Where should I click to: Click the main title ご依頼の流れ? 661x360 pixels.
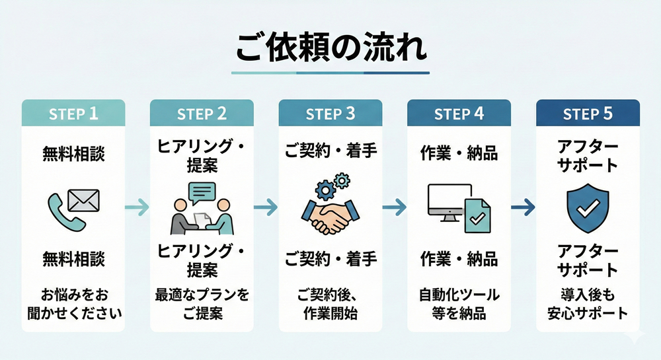coord(330,48)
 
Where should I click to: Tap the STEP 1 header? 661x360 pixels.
coord(73,114)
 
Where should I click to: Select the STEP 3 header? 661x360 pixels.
coord(330,114)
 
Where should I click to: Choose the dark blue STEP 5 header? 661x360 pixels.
coord(588,114)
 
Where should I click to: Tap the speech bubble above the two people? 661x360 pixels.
coord(202,192)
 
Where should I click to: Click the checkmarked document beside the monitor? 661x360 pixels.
coord(477,216)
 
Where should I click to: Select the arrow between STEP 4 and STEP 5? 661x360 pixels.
coord(523,207)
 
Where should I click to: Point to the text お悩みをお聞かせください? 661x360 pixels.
coord(73,304)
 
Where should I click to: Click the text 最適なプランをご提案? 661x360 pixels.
coord(202,304)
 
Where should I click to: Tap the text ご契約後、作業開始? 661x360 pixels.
coord(330,304)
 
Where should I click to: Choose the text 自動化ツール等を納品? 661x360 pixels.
coord(459,304)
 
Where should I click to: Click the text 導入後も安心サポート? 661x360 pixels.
coord(588,304)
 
